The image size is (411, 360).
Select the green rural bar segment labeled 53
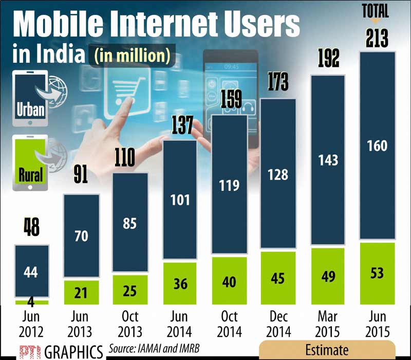tap(377, 273)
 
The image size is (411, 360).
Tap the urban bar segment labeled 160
tap(377, 147)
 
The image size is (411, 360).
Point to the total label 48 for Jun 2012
tap(31, 227)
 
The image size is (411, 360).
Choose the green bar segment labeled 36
tap(179, 283)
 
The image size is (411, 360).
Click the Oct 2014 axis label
tap(229, 323)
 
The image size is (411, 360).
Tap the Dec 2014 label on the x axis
tap(278, 323)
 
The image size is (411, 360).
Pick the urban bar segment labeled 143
tap(327, 159)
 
